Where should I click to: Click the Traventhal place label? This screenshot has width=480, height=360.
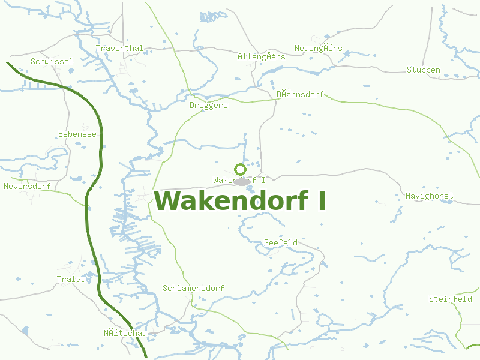click(119, 49)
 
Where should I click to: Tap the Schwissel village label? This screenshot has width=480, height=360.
click(52, 62)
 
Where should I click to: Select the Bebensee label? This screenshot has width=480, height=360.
click(77, 134)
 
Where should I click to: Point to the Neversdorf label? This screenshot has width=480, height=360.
click(27, 187)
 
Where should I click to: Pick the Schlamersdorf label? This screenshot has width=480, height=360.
click(193, 289)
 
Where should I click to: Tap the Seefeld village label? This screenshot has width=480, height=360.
click(281, 243)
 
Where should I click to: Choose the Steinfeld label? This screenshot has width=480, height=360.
click(450, 299)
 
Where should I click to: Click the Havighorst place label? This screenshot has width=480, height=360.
click(429, 196)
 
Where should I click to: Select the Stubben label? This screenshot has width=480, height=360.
click(424, 70)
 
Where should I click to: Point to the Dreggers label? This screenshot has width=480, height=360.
click(208, 106)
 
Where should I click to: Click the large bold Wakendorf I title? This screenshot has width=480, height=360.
click(240, 201)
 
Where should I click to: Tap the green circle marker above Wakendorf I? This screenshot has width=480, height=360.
click(240, 169)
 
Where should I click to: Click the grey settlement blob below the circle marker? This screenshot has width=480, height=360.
click(242, 181)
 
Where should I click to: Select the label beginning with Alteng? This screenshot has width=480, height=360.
click(261, 57)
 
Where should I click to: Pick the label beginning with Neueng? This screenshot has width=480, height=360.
click(318, 49)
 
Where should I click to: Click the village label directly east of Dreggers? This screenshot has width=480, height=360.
click(300, 95)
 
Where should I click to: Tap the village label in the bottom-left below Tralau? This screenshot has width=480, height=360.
click(125, 334)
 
